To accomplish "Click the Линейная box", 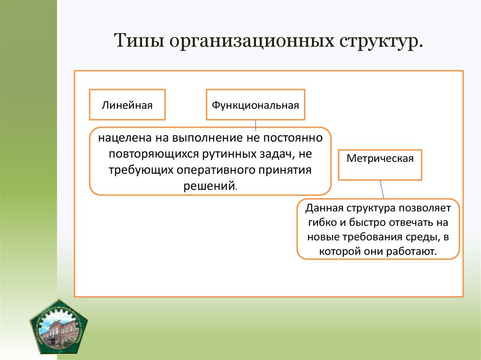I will coord(127,105).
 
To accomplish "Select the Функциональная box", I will coord(255,105).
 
